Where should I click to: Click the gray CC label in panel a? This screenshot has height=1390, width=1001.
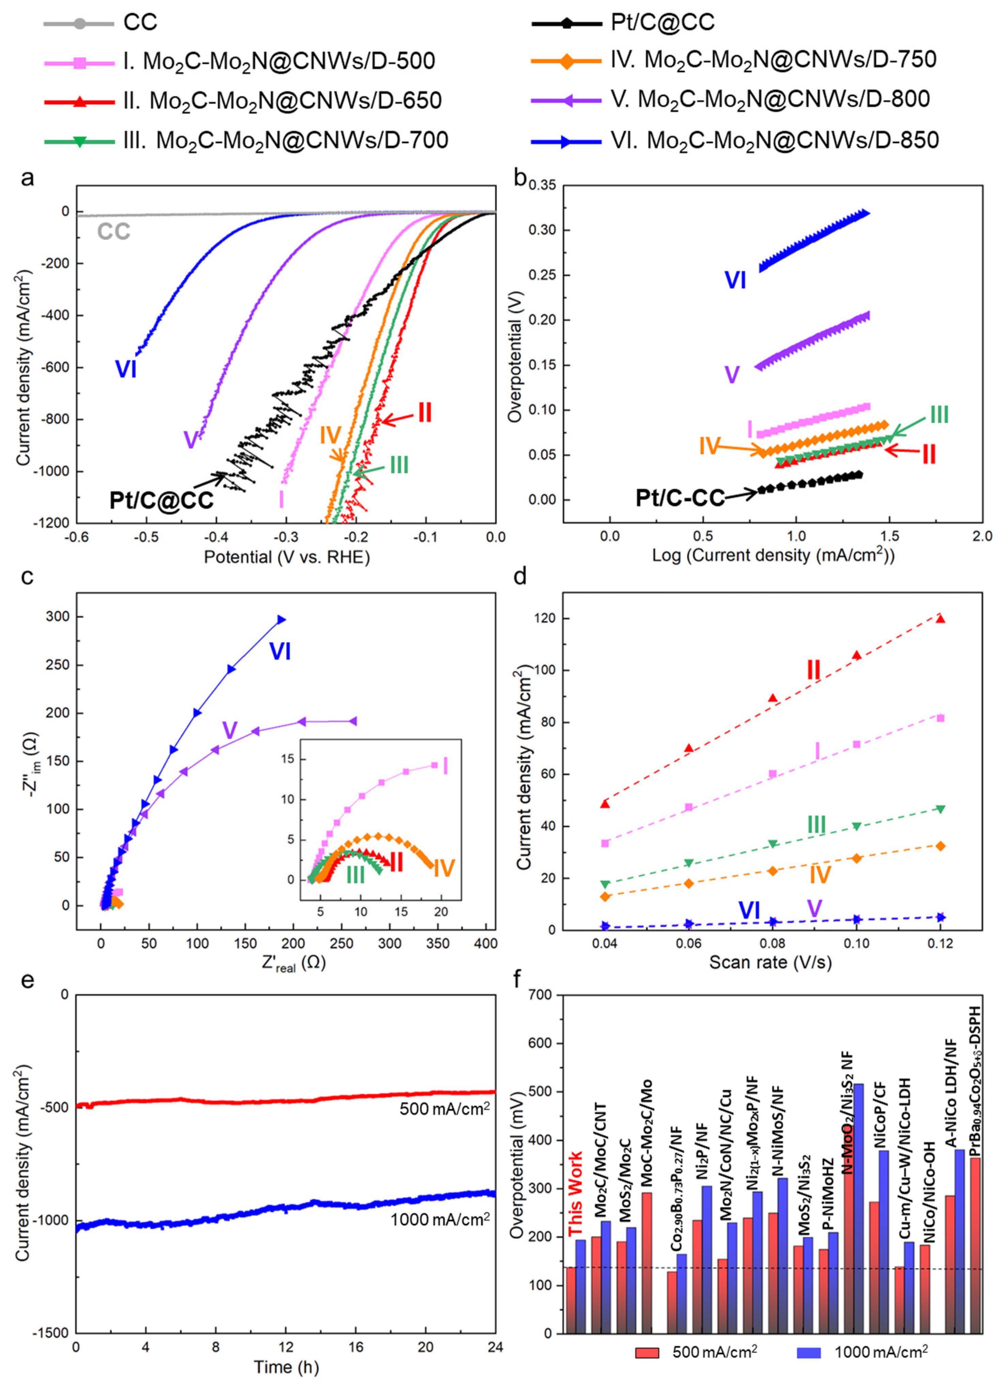click(x=114, y=232)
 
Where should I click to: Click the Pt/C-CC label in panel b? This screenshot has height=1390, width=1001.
click(x=680, y=498)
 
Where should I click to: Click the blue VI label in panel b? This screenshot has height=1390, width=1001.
click(x=735, y=280)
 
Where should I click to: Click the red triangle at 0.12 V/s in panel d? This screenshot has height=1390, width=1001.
click(x=940, y=619)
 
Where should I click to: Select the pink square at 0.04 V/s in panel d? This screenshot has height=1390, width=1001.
click(x=605, y=843)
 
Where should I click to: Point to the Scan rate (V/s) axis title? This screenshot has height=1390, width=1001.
click(x=770, y=962)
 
